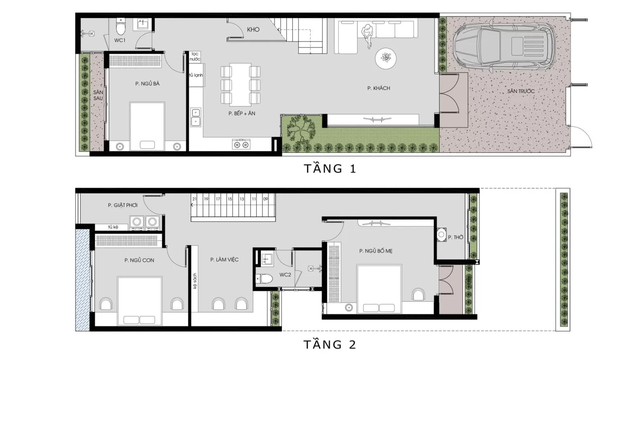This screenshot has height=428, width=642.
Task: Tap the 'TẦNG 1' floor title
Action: (x=330, y=168)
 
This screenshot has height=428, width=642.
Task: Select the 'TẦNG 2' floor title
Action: (x=330, y=345)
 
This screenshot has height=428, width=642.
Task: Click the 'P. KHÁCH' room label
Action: (x=378, y=88)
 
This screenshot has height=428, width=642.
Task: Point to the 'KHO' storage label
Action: (x=253, y=30)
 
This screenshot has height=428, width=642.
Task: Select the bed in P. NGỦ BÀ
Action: (x=147, y=126)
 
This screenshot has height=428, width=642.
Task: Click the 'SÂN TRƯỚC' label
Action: (x=520, y=91)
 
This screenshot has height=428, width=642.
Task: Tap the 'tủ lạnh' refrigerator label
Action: (x=196, y=75)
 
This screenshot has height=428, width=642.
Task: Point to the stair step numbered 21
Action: (x=195, y=199)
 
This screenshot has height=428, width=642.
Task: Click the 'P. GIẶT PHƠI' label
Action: (x=123, y=205)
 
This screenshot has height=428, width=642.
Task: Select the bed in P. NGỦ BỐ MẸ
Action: (x=379, y=289)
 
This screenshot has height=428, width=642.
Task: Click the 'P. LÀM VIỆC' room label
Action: (x=224, y=260)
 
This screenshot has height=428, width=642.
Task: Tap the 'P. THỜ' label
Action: (x=455, y=237)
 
